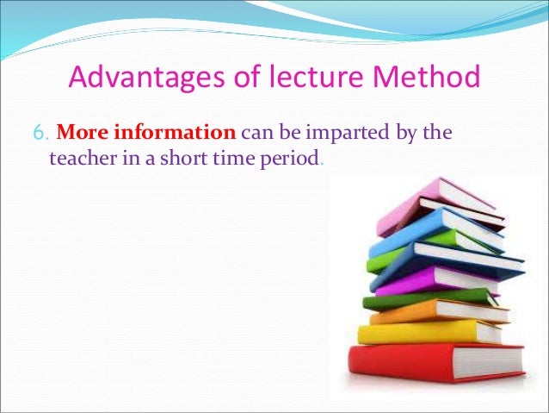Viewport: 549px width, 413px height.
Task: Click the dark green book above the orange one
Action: tap(404, 298)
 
